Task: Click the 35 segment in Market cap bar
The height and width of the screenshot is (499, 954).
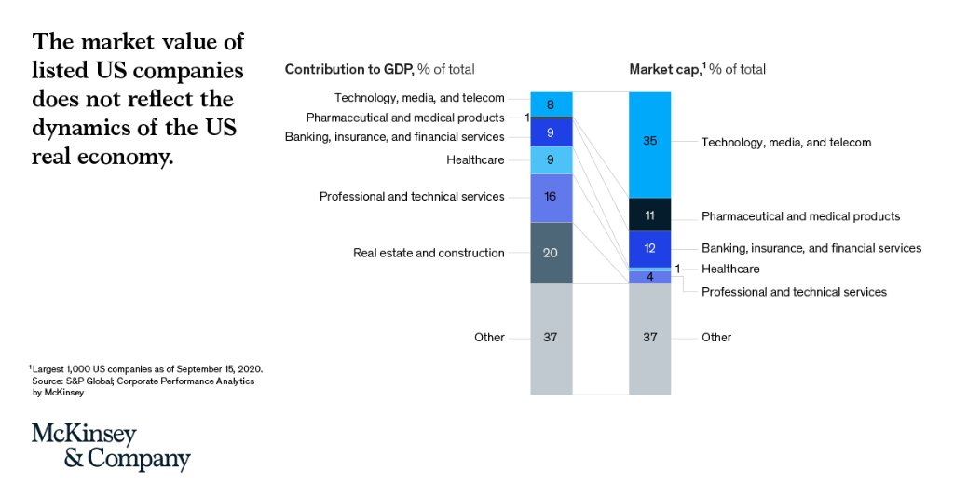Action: point(649,143)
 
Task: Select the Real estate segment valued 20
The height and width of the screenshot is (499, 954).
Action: point(552,253)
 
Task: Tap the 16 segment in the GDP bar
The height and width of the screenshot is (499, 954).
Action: point(552,197)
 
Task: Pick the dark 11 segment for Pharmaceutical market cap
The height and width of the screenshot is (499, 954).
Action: point(649,215)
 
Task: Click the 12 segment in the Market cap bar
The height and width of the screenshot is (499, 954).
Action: point(649,248)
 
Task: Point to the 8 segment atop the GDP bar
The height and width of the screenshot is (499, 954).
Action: point(552,104)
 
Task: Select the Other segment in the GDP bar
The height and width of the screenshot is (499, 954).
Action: point(552,338)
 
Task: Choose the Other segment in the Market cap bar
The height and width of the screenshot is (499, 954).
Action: point(649,338)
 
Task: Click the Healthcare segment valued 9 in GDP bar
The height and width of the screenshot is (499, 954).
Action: point(552,159)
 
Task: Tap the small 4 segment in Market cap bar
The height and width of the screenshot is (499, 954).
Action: point(649,276)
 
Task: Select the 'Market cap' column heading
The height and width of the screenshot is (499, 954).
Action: point(697,70)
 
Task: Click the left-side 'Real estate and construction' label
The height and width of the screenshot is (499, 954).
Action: point(429,253)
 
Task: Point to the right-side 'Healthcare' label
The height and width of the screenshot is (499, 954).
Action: point(730,269)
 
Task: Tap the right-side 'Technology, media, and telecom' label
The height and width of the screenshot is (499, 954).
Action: point(786,143)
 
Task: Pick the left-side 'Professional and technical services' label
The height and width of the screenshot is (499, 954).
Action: point(412,197)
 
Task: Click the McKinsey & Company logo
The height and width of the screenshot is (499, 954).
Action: point(110,447)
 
